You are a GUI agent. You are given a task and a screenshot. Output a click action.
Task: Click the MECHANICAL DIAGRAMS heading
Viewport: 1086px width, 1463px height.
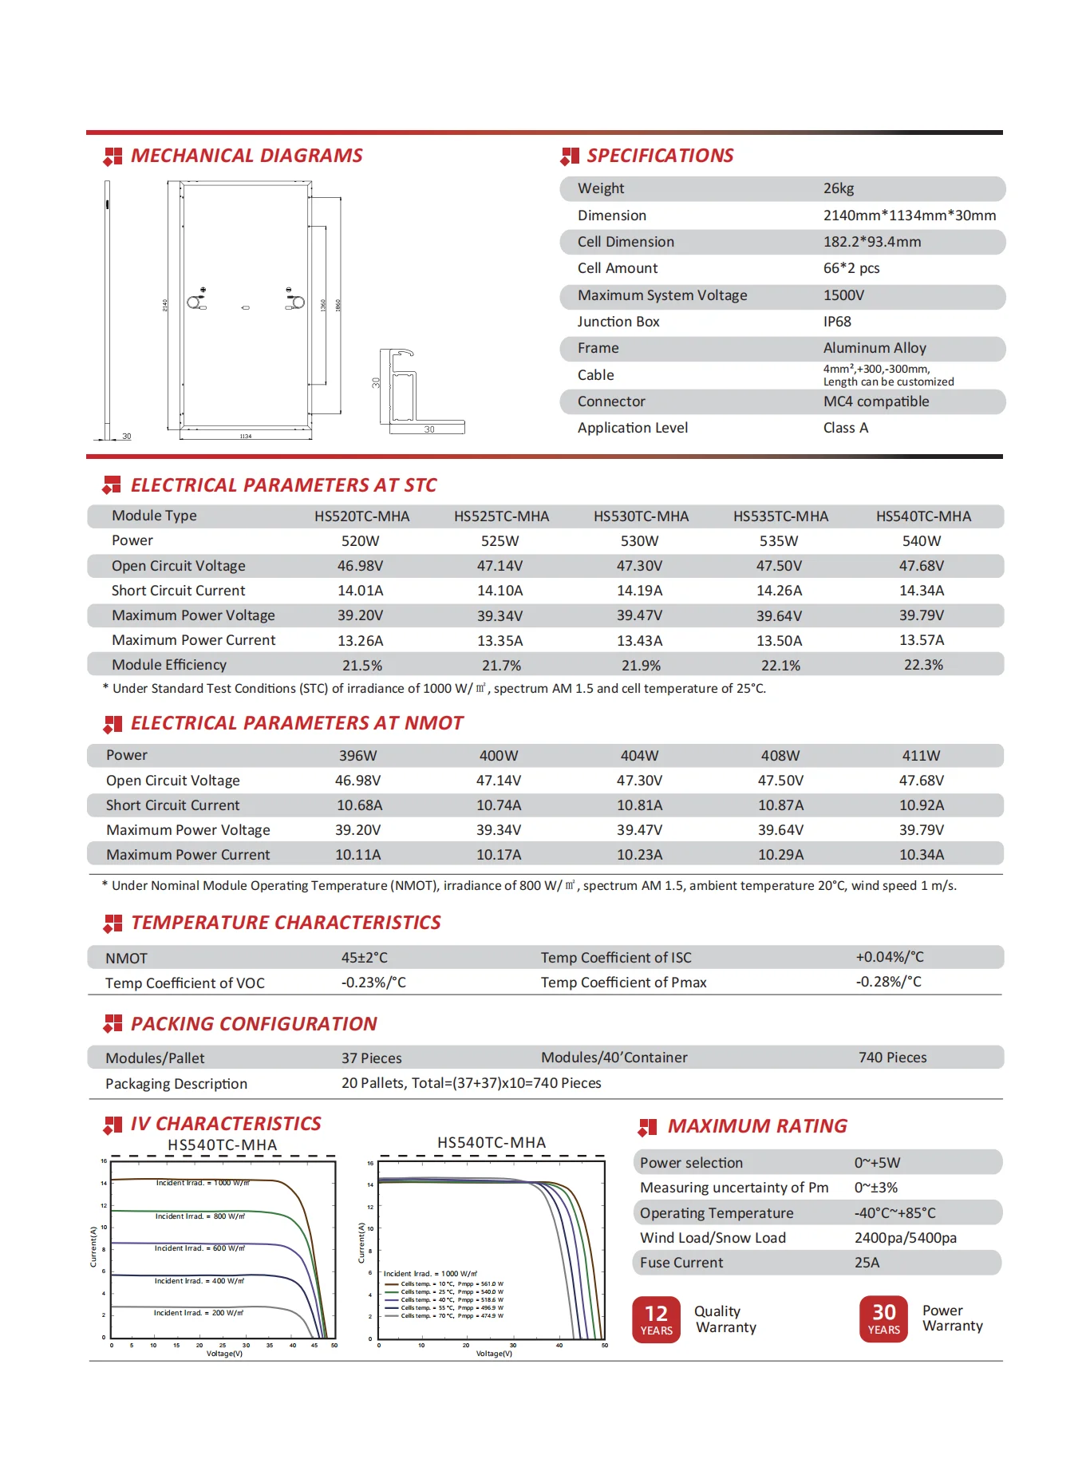[x=246, y=156]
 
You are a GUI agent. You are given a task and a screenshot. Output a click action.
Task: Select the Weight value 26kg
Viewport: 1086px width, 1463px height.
[x=838, y=188]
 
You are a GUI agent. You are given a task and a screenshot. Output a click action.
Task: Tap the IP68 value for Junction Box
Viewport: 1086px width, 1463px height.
[x=836, y=322]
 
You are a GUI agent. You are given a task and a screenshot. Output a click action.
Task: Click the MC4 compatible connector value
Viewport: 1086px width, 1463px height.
[x=875, y=401]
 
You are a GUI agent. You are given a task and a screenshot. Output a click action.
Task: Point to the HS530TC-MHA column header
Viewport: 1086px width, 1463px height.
[x=640, y=516]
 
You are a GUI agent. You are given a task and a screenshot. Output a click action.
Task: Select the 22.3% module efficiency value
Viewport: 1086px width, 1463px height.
[x=922, y=665]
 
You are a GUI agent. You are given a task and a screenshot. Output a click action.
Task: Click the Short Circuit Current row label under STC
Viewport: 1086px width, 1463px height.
[x=178, y=591]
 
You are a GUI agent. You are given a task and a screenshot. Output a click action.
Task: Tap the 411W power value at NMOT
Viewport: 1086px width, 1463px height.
[x=921, y=755]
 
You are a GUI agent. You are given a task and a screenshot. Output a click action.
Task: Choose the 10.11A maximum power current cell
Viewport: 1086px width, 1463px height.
[x=357, y=855]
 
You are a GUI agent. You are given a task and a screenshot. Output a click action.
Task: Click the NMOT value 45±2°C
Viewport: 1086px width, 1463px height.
[x=364, y=958]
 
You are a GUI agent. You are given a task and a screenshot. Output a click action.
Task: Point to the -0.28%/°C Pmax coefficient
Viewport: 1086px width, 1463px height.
[x=888, y=982]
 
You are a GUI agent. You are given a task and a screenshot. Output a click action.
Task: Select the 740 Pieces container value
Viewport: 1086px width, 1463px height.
[x=892, y=1058]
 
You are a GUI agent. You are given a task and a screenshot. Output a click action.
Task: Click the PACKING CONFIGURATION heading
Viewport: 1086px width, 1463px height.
[x=253, y=1024]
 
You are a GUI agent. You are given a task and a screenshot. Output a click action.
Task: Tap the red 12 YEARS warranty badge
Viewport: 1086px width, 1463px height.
[x=656, y=1319]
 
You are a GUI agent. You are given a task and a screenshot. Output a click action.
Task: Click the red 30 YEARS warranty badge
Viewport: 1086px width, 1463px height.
[x=883, y=1319]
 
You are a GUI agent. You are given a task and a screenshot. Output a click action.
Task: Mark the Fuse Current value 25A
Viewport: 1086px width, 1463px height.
[x=867, y=1263]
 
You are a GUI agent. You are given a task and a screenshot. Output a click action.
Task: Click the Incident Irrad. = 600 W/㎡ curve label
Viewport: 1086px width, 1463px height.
[x=199, y=1248]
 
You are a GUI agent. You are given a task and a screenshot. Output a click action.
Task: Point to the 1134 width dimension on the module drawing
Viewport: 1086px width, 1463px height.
[x=246, y=437]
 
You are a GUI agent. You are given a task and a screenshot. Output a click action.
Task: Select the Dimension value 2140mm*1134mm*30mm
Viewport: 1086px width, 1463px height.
[x=909, y=215]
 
